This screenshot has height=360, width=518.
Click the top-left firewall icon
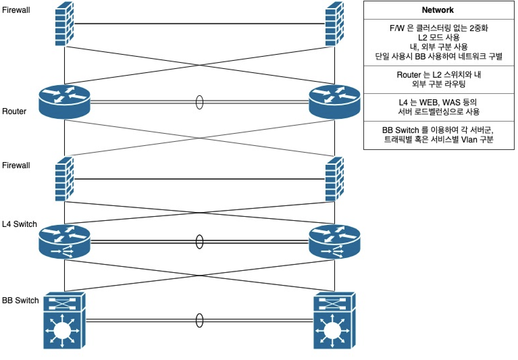tap(64, 24)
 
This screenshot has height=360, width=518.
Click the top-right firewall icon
tap(334, 24)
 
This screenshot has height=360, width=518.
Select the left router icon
tap(64, 101)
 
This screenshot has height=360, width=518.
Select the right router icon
tap(335, 101)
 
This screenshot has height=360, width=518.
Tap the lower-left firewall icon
tap(64, 179)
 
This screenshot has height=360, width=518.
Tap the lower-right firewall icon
tap(334, 179)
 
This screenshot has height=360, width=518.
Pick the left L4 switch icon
tap(64, 242)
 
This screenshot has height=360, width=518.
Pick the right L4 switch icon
tap(335, 242)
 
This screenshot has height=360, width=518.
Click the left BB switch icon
tap(64, 320)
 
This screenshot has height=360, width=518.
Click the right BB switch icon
tap(334, 320)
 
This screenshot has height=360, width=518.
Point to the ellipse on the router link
tap(200, 102)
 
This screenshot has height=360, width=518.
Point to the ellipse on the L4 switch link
tap(200, 242)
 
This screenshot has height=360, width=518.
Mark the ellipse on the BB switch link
tap(200, 320)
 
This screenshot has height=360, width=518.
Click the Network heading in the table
tap(438, 10)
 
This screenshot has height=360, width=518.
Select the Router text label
tap(14, 111)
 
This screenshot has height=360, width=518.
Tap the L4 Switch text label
tap(19, 224)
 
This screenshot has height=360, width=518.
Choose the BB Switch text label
tap(20, 301)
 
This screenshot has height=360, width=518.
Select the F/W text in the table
tap(397, 28)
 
